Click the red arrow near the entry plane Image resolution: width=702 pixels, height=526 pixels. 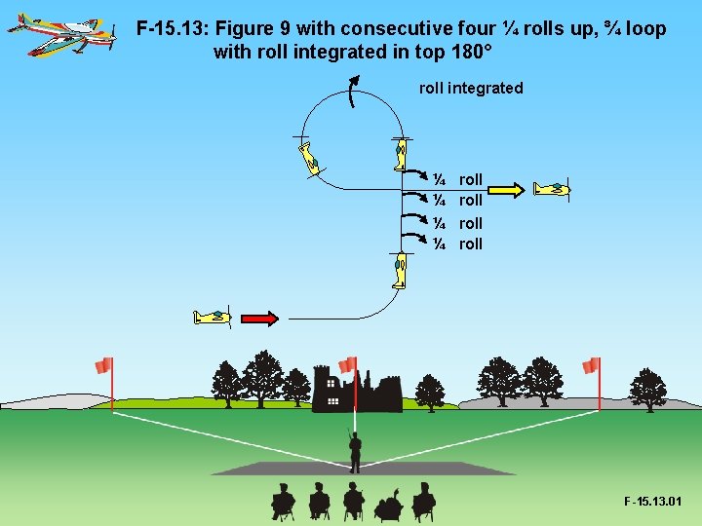click(259, 318)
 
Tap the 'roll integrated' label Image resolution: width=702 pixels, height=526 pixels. click(471, 89)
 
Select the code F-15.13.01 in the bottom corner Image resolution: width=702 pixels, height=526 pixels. click(653, 503)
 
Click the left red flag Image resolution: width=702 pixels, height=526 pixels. click(103, 365)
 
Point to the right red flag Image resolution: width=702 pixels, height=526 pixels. click(590, 365)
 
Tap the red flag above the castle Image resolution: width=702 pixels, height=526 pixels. click(348, 363)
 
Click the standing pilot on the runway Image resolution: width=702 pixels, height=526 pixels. click(355, 451)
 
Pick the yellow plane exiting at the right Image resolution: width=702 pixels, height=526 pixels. click(553, 189)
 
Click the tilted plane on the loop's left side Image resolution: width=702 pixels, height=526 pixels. click(310, 158)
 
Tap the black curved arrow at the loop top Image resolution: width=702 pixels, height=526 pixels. click(354, 94)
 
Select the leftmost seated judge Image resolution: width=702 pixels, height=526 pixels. click(283, 501)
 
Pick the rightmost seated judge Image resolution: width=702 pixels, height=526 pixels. click(423, 501)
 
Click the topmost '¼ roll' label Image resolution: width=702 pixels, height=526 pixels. click(458, 179)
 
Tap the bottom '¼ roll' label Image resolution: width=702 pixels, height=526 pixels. click(458, 244)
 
